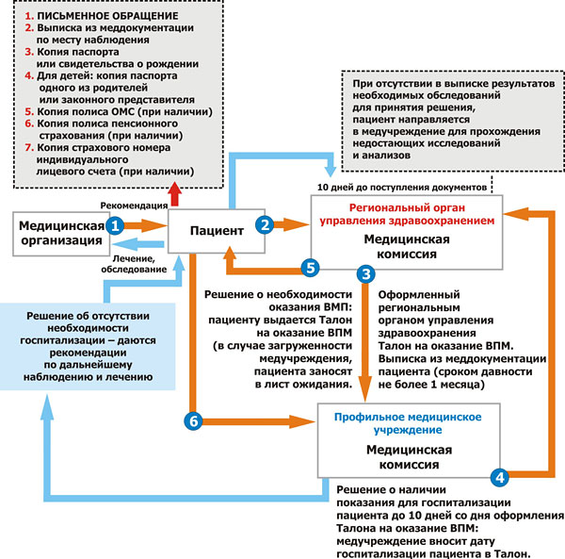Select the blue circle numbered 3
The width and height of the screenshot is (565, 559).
(366, 274)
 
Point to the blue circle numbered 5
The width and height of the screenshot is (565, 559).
(309, 267)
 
